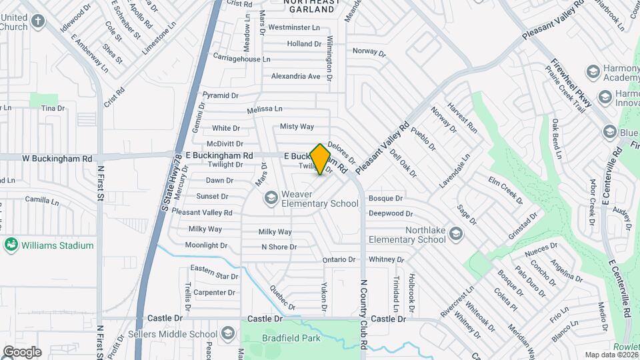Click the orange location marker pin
coord(321,159)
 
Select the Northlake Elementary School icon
coord(455,233)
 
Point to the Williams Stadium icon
coord(11,245)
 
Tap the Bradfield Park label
coord(291,338)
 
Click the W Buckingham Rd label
coord(57,159)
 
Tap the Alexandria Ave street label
coord(296,76)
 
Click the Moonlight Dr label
coord(207,245)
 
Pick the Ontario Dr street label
coord(339,259)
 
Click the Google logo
coord(21,351)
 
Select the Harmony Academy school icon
coord(592,71)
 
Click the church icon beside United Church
coord(38,21)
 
